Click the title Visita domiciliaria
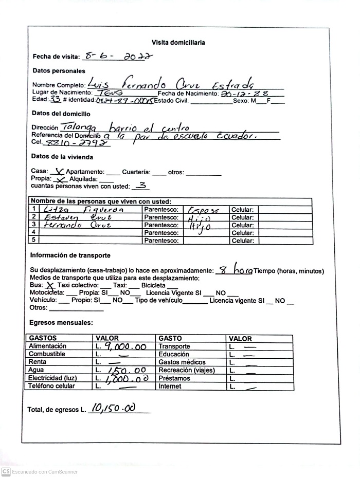[x=178, y=43]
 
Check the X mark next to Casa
[x=59, y=172]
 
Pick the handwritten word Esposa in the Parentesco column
[x=204, y=210]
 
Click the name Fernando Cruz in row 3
[x=70, y=225]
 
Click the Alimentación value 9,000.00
[x=125, y=347]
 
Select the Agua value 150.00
[x=125, y=370]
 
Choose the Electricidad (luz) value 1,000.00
[x=127, y=378]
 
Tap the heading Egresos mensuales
[x=61, y=323]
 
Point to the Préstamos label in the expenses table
[x=174, y=378]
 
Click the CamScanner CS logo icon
[x=6, y=471]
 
